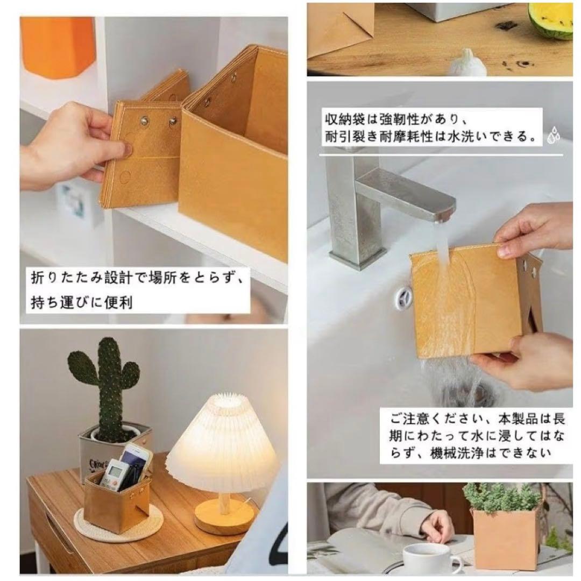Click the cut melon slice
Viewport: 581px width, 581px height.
[x=550, y=20]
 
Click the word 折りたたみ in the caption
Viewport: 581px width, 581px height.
[x=66, y=278]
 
